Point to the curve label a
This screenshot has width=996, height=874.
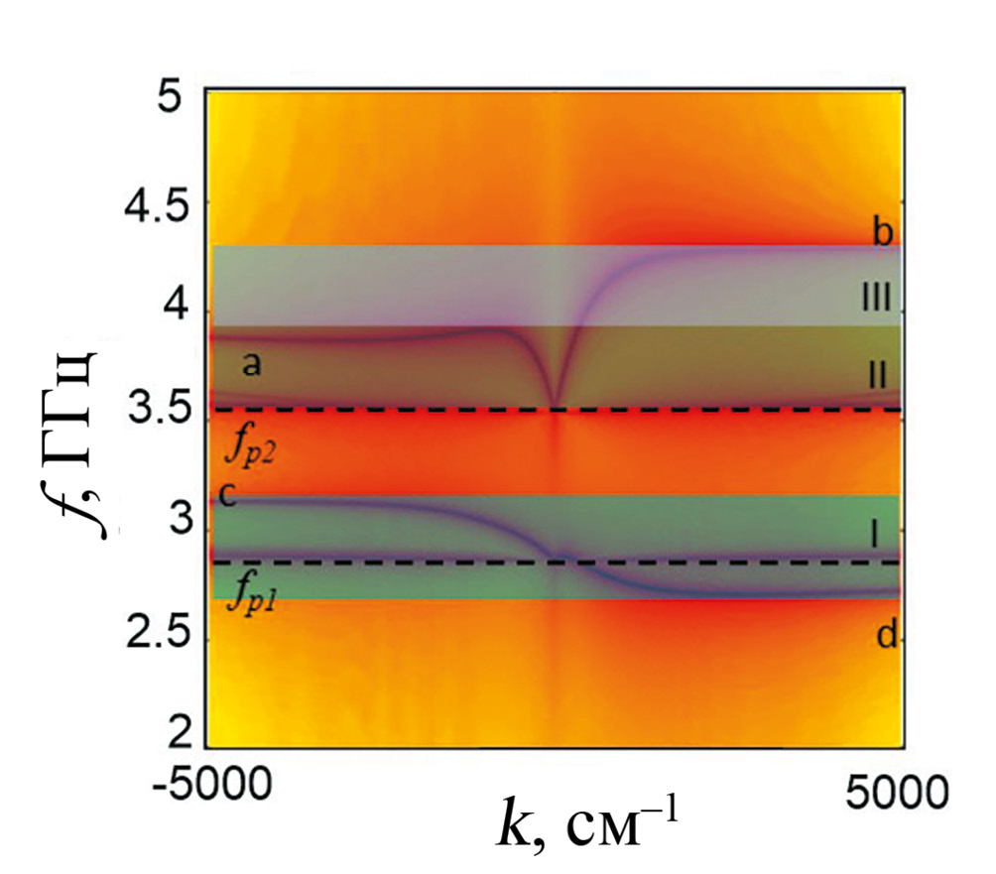pos(252,365)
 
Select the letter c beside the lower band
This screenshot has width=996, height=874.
pos(227,496)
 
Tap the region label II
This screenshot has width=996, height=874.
pos(878,375)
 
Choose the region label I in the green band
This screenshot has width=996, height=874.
pos(875,536)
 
